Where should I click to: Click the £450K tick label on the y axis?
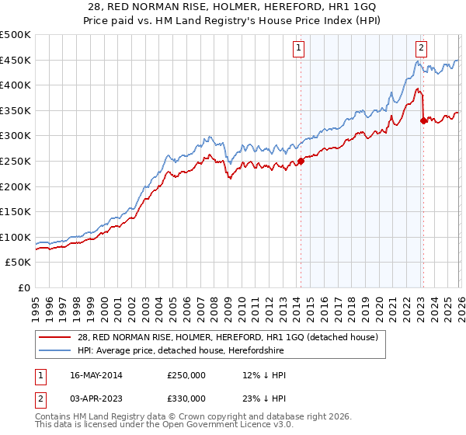click(x=16, y=60)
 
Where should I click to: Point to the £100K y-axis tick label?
click(x=16, y=237)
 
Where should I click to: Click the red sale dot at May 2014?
click(x=301, y=161)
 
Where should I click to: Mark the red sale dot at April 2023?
click(x=423, y=120)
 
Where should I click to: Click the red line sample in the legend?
click(x=56, y=337)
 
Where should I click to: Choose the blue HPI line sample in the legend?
click(x=56, y=351)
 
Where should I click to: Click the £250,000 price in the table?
click(x=186, y=375)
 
